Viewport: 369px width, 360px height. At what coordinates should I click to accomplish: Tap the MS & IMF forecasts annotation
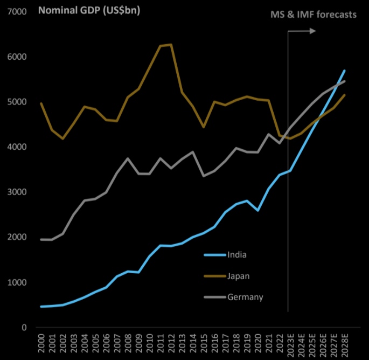point(313,15)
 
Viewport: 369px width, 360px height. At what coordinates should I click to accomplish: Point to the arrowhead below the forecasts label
point(312,31)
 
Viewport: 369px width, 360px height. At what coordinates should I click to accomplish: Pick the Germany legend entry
point(245,297)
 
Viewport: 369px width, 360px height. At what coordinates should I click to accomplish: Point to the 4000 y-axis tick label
point(19,147)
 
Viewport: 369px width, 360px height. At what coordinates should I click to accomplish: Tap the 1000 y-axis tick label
point(19,283)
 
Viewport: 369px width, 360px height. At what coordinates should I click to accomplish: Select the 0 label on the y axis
point(25,328)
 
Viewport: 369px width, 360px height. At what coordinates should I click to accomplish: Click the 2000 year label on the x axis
point(41,343)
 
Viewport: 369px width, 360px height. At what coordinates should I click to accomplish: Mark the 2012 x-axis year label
point(172,343)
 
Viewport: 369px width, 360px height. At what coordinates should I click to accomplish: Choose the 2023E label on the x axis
point(290,345)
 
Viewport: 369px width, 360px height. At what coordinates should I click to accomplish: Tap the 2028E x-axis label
point(345,345)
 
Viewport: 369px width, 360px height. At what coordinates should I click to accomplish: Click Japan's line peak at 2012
point(171,45)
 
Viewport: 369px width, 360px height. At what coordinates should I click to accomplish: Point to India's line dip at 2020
point(258,210)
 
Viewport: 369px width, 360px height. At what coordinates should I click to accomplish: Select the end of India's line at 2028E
point(345,71)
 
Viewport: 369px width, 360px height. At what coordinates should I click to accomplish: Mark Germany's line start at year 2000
point(41,239)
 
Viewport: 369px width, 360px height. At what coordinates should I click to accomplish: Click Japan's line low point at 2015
point(204,127)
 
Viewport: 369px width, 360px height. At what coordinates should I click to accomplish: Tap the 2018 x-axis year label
point(236,343)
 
